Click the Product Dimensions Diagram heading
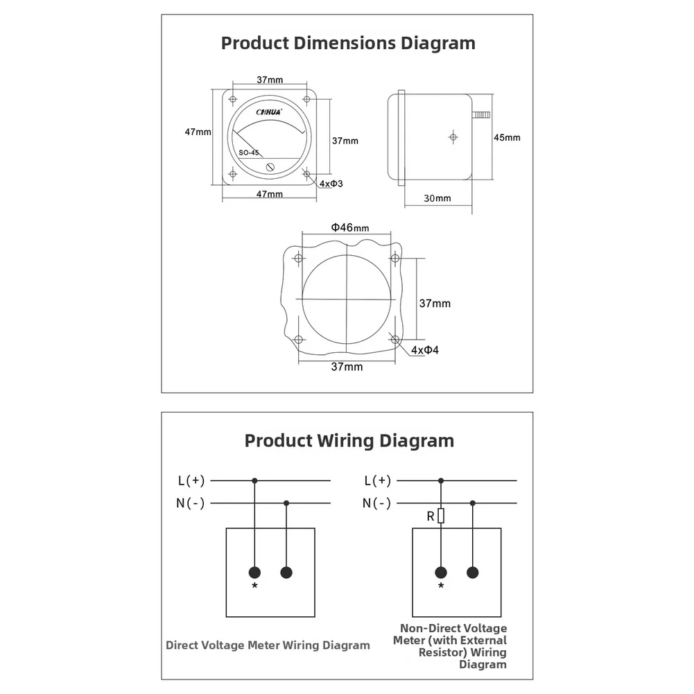(x=348, y=44)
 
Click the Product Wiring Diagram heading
(x=349, y=441)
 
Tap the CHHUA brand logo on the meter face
(x=269, y=112)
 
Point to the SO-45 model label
(x=249, y=153)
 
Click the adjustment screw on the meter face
(x=270, y=167)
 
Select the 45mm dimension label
(x=508, y=138)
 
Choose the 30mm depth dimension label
(x=437, y=198)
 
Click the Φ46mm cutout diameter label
(x=349, y=227)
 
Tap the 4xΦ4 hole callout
(x=425, y=350)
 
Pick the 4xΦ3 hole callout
(x=331, y=184)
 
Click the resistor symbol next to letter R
(x=441, y=516)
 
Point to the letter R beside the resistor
(x=431, y=517)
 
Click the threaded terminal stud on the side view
(x=481, y=115)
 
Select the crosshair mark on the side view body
(x=453, y=137)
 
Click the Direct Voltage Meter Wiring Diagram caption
(x=268, y=645)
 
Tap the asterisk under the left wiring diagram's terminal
(x=254, y=586)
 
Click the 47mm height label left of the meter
(x=198, y=132)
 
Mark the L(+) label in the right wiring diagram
(x=378, y=480)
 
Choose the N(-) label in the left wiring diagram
(x=191, y=503)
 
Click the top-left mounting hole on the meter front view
(x=233, y=99)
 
